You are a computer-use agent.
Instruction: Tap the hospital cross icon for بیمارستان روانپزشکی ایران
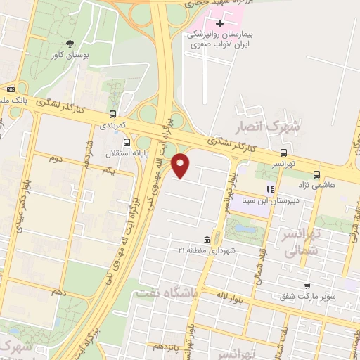click(220, 23)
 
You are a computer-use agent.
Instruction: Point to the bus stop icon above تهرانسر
click(283, 153)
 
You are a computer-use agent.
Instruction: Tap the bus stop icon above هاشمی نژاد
click(316, 174)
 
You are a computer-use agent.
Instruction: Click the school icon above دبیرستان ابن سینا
click(269, 188)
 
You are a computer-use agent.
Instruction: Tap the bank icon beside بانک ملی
click(11, 89)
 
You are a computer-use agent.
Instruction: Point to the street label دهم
click(59, 290)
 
